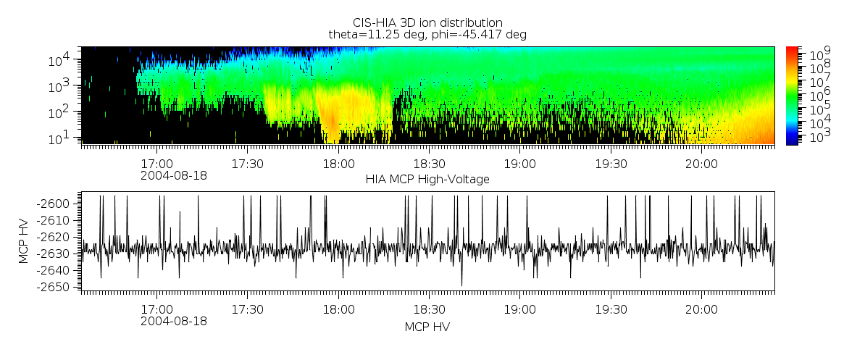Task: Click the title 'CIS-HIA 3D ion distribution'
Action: [x=427, y=22]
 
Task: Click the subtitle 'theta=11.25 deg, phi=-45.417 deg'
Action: [x=427, y=34]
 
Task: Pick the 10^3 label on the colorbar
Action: [x=819, y=136]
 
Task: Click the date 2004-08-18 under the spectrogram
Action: [x=174, y=175]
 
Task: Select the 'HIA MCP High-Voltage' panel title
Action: [x=427, y=180]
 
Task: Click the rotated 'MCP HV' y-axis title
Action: [x=24, y=243]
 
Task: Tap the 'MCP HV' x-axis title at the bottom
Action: [x=427, y=327]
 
